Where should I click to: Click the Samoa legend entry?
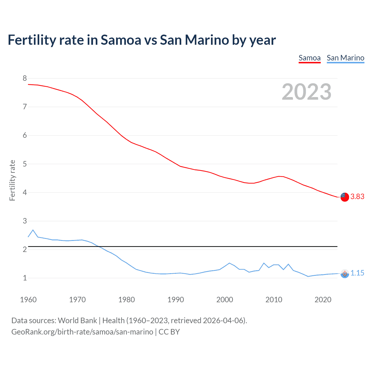310,58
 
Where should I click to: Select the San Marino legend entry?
345,58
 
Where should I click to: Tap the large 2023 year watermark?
306,92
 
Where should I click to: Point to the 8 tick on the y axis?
25,78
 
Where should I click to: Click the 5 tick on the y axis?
25,164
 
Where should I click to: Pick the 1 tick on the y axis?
25,278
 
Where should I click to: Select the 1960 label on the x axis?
28,300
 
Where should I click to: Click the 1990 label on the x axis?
176,300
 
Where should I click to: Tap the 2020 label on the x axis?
323,300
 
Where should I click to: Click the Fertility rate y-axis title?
12,180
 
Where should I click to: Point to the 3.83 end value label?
357,197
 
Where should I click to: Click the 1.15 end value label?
357,273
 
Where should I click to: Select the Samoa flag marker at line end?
345,197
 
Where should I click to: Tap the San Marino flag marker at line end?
345,273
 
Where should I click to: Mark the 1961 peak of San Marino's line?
33,230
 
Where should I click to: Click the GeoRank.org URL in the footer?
82,332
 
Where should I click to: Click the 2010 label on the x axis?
274,300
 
